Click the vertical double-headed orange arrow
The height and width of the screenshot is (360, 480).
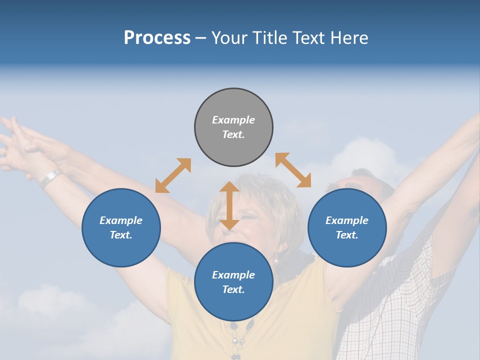pyautogui.click(x=229, y=205)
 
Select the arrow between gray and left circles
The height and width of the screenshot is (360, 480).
pyautogui.click(x=173, y=175)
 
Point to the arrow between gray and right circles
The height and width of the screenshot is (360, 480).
pyautogui.click(x=293, y=170)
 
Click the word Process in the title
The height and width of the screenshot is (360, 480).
pyautogui.click(x=157, y=37)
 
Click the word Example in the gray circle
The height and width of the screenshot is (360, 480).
pyautogui.click(x=233, y=120)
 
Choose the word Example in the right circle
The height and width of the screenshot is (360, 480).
pyautogui.click(x=347, y=220)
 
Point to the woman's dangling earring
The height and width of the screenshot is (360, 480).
pyautogui.click(x=275, y=258)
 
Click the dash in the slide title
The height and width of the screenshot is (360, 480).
pyautogui.click(x=200, y=37)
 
